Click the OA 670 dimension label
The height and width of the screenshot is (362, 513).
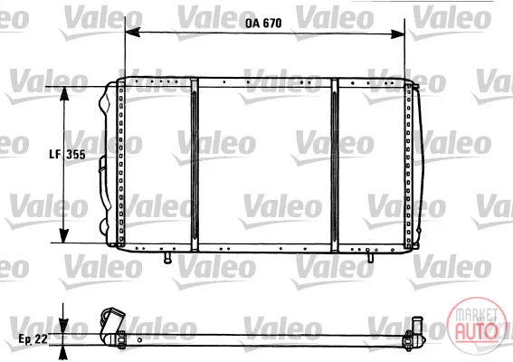click(x=263, y=23)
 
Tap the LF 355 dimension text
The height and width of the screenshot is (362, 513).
click(x=67, y=154)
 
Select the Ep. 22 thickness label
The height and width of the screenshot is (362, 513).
click(x=33, y=338)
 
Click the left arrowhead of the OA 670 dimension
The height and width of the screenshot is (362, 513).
click(x=132, y=32)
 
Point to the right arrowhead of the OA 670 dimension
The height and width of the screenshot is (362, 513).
click(x=397, y=33)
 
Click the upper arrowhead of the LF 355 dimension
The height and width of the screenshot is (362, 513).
click(x=64, y=93)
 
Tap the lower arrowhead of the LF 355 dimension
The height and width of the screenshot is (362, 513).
click(x=64, y=235)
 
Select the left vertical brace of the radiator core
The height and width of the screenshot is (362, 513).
click(x=195, y=165)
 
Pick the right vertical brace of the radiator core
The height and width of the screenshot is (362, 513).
click(x=335, y=166)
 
